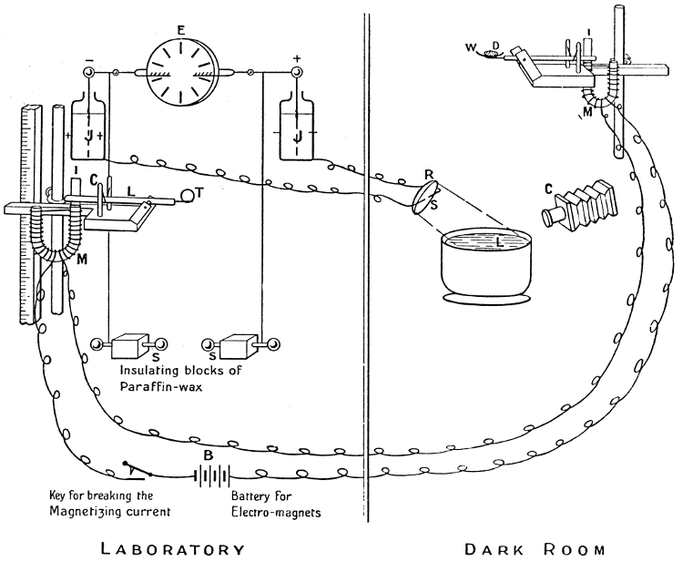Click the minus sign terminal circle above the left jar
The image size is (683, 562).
(88, 69)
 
